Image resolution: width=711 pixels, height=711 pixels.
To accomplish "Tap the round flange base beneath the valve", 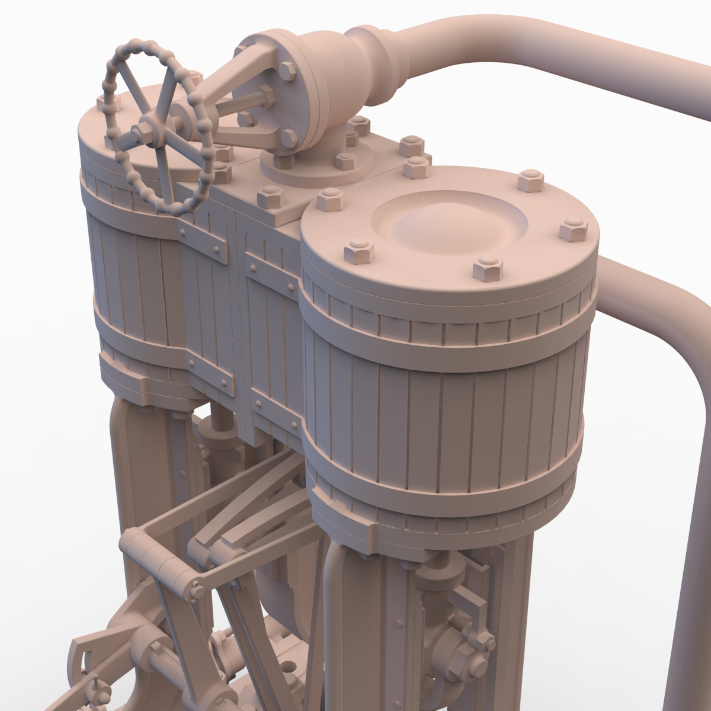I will pyautogui.click(x=317, y=166).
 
